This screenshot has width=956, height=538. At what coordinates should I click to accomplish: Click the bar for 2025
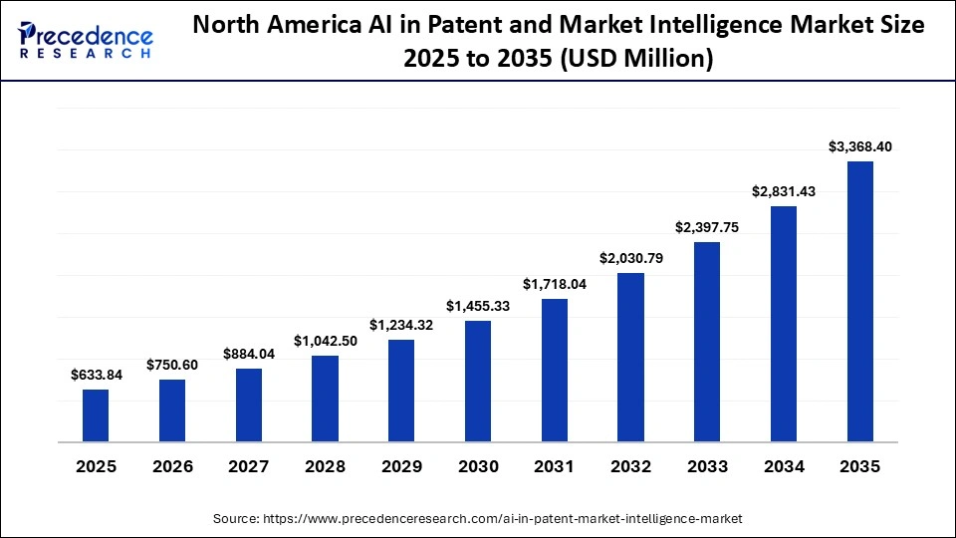click(x=96, y=415)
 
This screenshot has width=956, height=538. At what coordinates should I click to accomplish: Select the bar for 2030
click(x=478, y=382)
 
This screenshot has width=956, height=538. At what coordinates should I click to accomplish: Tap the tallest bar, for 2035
click(x=860, y=301)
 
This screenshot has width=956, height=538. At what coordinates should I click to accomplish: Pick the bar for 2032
click(x=630, y=357)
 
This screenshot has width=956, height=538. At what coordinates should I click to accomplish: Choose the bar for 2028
click(x=325, y=399)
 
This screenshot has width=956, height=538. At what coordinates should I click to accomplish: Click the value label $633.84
click(x=96, y=375)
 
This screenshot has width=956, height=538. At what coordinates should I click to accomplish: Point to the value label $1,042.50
click(x=325, y=341)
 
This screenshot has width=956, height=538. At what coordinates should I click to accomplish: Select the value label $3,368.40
click(x=860, y=146)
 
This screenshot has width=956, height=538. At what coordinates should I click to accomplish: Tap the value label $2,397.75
click(x=707, y=227)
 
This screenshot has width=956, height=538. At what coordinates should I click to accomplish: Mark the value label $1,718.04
click(x=554, y=284)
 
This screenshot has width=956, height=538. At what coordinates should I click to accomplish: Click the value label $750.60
click(x=172, y=365)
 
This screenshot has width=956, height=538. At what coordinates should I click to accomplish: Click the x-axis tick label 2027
click(x=249, y=466)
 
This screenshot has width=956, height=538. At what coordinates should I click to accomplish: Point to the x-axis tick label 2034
click(x=784, y=466)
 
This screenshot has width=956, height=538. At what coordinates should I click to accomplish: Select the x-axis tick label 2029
click(x=401, y=466)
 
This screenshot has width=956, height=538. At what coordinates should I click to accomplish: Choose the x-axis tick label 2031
click(x=554, y=466)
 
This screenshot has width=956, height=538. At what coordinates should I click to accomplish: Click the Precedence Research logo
click(x=86, y=41)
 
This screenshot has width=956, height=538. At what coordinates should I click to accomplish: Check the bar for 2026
click(x=172, y=410)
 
